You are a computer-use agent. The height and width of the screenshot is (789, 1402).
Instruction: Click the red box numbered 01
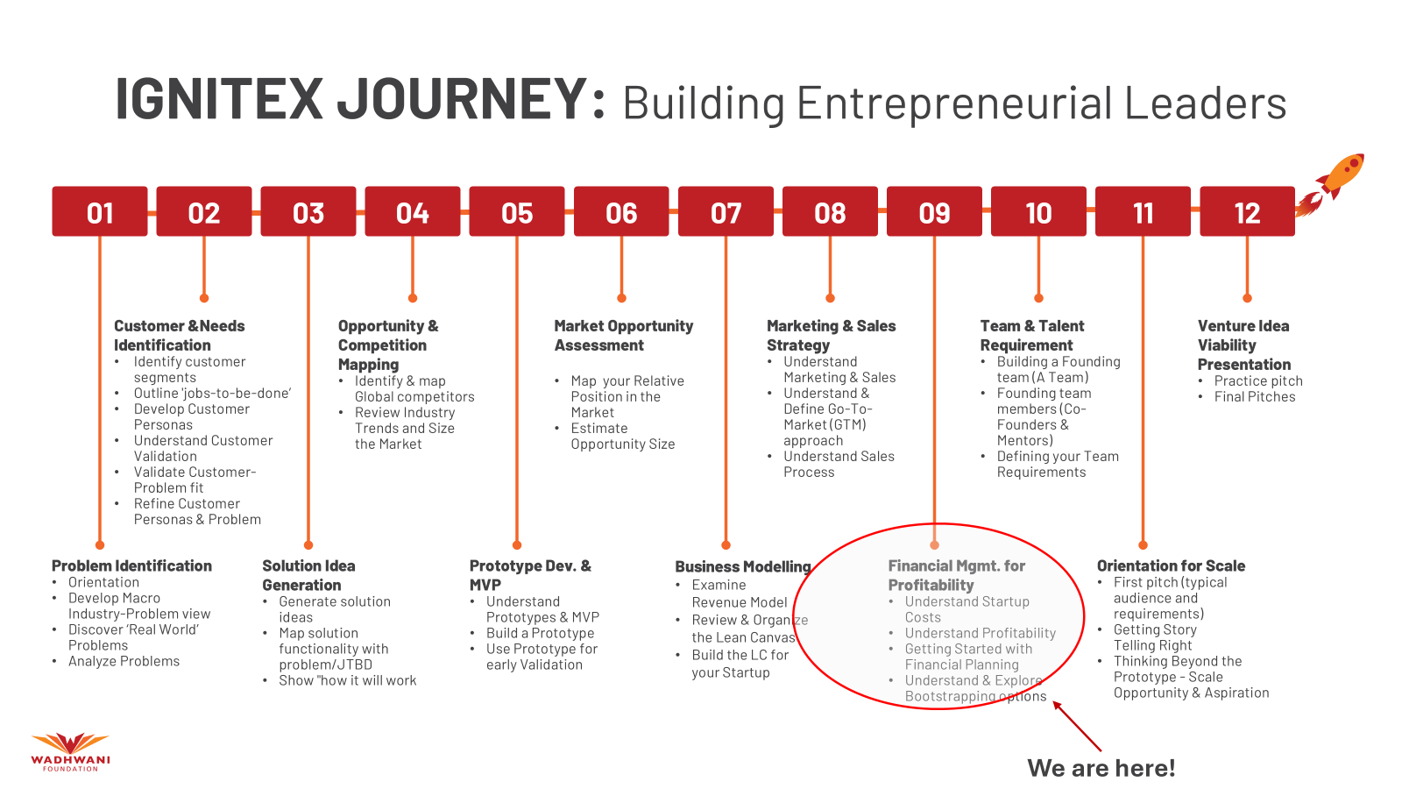coord(100,211)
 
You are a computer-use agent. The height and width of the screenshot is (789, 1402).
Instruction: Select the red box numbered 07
coord(726,211)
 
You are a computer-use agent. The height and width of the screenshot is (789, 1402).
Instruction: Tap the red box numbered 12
coord(1247,211)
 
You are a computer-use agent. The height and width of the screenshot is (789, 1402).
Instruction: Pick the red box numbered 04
coord(413,211)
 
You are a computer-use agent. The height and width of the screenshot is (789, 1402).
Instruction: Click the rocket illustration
coord(1331,184)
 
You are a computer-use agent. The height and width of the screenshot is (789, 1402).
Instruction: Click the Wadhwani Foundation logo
coord(70,752)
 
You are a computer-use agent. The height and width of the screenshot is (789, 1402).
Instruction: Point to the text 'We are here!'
coord(1101,768)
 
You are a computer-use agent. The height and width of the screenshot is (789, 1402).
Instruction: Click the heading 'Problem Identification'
coord(131,565)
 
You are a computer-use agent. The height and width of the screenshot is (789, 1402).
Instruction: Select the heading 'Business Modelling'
coord(743,566)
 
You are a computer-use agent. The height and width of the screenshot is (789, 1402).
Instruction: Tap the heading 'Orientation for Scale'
coord(1171,565)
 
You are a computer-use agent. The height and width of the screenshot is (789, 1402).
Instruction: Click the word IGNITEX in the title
coord(219,99)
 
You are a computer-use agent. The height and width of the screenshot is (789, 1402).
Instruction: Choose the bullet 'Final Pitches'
coord(1254,396)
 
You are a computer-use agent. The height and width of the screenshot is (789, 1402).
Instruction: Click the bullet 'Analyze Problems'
coord(124,661)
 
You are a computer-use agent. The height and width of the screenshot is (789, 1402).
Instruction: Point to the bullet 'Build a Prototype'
coord(540,633)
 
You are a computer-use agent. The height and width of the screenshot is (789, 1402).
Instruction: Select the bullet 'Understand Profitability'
coord(981,633)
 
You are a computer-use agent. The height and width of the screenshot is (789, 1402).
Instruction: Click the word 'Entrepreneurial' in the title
coord(956,103)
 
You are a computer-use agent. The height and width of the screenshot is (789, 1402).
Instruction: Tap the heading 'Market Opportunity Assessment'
coord(623,335)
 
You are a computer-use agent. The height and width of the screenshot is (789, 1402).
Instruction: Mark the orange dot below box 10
coord(1038,298)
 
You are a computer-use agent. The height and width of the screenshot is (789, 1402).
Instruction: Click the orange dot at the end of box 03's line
coord(308,545)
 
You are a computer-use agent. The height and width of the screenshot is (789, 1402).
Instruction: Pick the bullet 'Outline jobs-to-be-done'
coord(212,393)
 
